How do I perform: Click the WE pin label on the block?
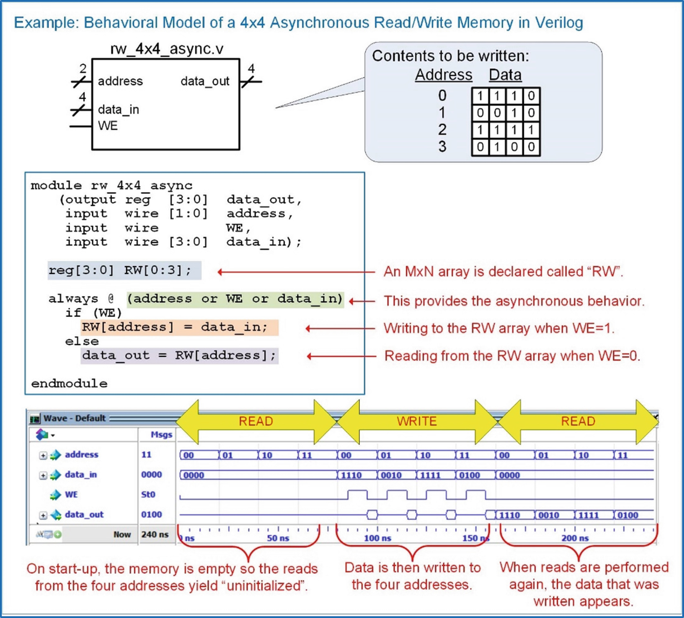click(108, 126)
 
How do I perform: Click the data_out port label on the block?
click(205, 81)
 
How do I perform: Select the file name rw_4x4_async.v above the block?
click(167, 49)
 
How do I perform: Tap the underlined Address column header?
click(443, 75)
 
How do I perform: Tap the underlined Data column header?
click(505, 75)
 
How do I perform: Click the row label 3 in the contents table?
click(442, 146)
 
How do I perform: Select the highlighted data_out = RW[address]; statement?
click(179, 356)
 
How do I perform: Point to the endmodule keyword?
click(69, 383)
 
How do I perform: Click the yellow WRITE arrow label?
click(417, 421)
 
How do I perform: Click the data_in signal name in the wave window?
click(81, 474)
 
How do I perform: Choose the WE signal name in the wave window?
click(71, 494)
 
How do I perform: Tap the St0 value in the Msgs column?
click(148, 494)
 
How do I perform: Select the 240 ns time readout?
click(155, 534)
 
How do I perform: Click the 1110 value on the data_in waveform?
click(351, 475)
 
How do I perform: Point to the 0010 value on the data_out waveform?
click(549, 515)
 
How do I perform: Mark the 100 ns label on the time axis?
click(377, 538)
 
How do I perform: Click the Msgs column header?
click(162, 435)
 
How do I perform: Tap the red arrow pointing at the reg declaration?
click(297, 272)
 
